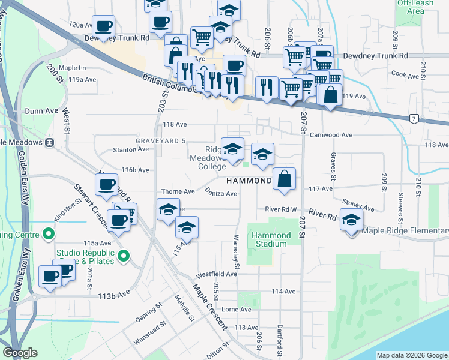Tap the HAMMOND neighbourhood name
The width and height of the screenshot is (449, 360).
tap(248, 181)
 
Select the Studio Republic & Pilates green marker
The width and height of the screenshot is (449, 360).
tap(124, 257)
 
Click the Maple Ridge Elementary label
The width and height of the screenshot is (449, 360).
tap(406, 230)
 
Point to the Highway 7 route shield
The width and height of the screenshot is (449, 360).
tap(414, 119)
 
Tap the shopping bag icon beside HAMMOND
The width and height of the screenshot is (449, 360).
tap(285, 179)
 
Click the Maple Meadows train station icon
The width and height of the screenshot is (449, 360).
tap(50, 142)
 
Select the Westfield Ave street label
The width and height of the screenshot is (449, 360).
tap(219, 274)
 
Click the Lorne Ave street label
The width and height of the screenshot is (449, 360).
tap(237, 310)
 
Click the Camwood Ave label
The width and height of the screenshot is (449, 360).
tap(331, 135)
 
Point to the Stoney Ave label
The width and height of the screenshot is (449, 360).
tap(358, 206)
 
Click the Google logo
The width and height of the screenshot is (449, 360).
tap(20, 353)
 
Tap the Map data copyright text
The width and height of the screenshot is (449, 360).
tap(411, 355)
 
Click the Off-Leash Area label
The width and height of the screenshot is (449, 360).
tap(415, 7)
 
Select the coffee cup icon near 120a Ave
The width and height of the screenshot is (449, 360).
tap(103, 26)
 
